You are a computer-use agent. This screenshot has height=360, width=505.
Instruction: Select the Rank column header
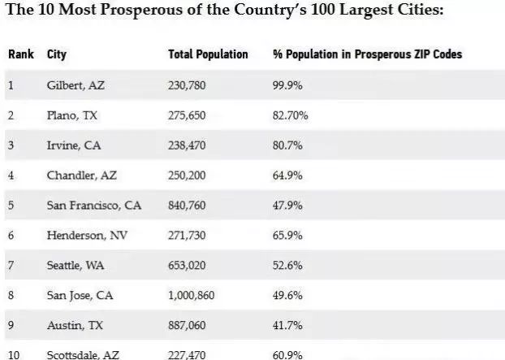(20, 54)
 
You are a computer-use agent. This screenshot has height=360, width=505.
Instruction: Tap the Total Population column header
(208, 54)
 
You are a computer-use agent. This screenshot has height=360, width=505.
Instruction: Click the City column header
(57, 54)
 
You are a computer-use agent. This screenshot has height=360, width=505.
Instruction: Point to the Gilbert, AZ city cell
(74, 85)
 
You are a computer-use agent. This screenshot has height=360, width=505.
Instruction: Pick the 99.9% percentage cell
(287, 85)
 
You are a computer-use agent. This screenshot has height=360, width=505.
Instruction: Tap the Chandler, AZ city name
(79, 176)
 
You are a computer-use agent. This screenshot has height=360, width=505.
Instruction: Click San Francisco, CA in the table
(94, 206)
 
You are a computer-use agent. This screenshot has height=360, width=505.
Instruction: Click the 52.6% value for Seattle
(287, 266)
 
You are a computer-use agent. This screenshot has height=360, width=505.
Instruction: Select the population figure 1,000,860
(191, 296)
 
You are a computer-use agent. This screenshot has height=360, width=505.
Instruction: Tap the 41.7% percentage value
(287, 325)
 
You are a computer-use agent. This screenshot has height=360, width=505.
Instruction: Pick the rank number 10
(13, 354)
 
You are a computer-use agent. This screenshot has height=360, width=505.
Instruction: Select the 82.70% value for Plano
(291, 115)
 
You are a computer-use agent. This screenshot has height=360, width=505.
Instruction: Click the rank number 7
(11, 266)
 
